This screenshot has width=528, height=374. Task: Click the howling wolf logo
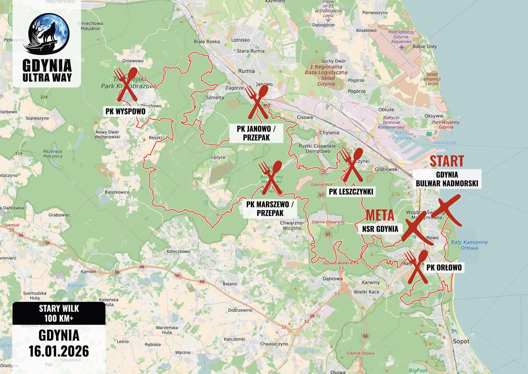click(49, 33)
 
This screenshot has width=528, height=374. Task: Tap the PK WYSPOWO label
click(125, 111)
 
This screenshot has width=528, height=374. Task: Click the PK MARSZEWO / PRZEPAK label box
click(270, 208)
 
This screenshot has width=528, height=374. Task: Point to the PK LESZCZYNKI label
click(351, 192)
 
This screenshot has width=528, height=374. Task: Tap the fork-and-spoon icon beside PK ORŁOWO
click(417, 267)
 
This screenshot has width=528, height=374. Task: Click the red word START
click(446, 161)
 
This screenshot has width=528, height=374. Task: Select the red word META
click(379, 215)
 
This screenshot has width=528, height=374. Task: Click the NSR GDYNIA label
click(380, 229)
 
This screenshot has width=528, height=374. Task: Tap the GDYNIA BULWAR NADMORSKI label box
click(447, 179)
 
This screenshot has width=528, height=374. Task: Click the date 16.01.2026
click(59, 351)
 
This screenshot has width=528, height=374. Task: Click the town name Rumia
click(246, 71)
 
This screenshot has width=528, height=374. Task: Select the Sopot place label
click(461, 341)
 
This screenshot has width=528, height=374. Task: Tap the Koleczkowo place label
click(178, 251)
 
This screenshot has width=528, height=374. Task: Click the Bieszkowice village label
click(117, 192)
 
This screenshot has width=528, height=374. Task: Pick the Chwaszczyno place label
click(274, 344)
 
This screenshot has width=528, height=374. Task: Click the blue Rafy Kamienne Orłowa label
click(469, 245)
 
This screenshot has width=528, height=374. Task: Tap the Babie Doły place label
click(424, 47)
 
